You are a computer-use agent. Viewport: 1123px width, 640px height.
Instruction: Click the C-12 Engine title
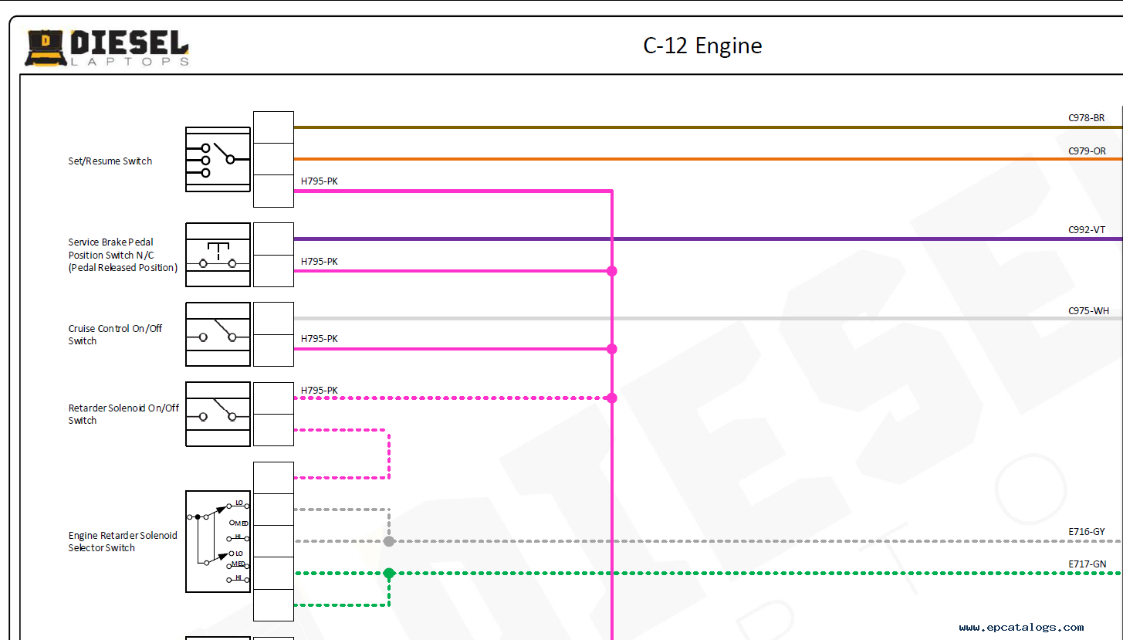tap(702, 46)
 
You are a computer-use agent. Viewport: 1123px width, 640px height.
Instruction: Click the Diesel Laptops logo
tap(107, 48)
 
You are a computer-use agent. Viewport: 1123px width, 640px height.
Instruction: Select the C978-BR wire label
tap(1087, 118)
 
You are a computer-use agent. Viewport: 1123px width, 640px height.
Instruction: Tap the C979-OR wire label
tap(1087, 151)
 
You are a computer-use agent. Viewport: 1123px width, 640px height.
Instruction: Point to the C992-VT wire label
tap(1087, 230)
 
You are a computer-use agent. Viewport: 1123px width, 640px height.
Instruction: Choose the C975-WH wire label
tap(1088, 311)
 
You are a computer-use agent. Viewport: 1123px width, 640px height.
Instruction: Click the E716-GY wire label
tap(1087, 532)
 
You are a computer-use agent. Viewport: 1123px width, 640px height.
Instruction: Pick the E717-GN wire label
tap(1087, 564)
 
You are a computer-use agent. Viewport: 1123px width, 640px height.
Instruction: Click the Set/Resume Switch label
tap(110, 161)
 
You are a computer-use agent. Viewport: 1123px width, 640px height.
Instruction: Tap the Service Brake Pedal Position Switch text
tap(123, 255)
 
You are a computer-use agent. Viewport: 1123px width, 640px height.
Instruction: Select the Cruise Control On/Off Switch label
tap(115, 334)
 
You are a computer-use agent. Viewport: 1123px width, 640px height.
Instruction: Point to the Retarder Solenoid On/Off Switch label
tap(123, 415)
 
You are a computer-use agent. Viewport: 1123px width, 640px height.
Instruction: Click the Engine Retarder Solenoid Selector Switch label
tap(122, 542)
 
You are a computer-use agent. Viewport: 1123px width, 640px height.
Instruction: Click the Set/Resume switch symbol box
tap(218, 160)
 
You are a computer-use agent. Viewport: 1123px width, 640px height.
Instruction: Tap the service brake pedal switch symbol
tap(218, 255)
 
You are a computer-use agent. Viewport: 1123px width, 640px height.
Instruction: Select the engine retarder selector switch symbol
tap(218, 542)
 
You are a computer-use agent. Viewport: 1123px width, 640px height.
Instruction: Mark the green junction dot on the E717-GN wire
tap(389, 574)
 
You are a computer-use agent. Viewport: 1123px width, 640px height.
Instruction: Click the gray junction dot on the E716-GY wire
tap(389, 541)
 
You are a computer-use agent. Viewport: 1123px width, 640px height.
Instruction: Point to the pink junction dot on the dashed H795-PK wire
tap(611, 398)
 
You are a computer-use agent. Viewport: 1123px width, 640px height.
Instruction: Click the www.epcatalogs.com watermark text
tap(1021, 628)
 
